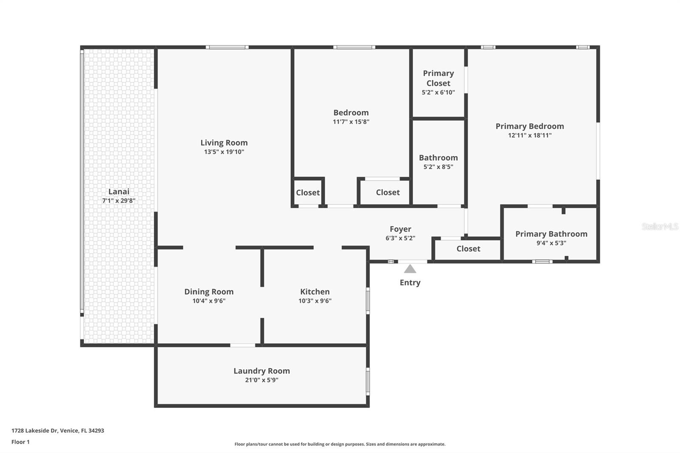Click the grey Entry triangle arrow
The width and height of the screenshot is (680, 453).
(410, 269)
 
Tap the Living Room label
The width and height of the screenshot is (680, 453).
(224, 143)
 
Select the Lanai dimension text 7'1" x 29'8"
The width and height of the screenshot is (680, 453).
(119, 201)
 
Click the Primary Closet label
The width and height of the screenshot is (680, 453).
(438, 78)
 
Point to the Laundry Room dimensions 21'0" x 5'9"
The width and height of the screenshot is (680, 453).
(261, 380)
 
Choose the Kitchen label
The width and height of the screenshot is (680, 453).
(314, 292)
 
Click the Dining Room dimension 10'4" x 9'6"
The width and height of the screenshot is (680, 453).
(209, 301)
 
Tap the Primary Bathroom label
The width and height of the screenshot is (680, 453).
(551, 234)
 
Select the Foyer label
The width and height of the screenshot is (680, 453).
(400, 229)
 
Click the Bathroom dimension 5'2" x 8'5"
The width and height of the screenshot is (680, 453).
(438, 167)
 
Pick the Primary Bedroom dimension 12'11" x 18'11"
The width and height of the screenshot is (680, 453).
(530, 136)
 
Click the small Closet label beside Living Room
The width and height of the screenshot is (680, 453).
(308, 193)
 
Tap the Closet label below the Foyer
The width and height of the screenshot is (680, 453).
(468, 249)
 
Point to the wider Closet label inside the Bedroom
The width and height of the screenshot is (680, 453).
(388, 193)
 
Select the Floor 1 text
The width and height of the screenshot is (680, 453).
(20, 442)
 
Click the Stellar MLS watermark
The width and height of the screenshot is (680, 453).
(660, 226)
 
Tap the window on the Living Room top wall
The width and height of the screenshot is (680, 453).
(227, 47)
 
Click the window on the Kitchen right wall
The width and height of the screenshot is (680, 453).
(368, 301)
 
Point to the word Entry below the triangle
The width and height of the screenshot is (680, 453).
(410, 283)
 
